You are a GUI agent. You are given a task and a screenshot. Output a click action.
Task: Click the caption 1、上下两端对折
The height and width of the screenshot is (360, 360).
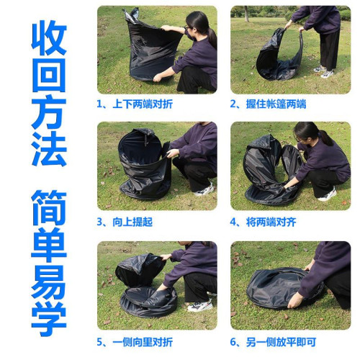(135, 104)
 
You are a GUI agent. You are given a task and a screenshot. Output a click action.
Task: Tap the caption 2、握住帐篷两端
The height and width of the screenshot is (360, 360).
(268, 104)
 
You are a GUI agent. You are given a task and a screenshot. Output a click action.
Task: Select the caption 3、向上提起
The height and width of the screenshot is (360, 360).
(125, 222)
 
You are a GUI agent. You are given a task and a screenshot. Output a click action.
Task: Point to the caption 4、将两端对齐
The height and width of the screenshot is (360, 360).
(263, 222)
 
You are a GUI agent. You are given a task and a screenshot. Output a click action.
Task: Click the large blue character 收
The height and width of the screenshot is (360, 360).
(48, 37)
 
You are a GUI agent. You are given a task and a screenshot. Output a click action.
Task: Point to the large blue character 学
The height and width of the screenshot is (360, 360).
(48, 319)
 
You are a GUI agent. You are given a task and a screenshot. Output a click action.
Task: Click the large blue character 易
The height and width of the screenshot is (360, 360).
(48, 284)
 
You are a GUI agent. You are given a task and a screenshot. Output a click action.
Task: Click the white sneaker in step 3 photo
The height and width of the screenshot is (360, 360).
(204, 190)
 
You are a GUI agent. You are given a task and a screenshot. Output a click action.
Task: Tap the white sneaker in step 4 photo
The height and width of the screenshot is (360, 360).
(327, 194)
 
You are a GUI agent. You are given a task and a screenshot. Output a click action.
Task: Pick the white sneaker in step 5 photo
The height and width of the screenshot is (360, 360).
(199, 306)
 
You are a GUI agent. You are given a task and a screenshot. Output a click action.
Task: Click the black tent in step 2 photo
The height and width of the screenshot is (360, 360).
(279, 56)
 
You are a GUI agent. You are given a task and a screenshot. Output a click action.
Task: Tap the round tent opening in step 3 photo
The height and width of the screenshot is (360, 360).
(141, 148)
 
